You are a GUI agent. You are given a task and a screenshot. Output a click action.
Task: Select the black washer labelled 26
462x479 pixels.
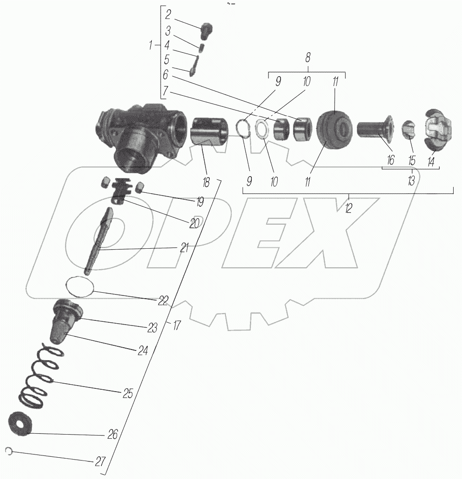[21, 423]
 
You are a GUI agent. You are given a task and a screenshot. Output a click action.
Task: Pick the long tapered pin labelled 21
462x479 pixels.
[99, 240]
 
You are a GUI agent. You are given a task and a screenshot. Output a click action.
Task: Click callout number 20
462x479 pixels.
[194, 222]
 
